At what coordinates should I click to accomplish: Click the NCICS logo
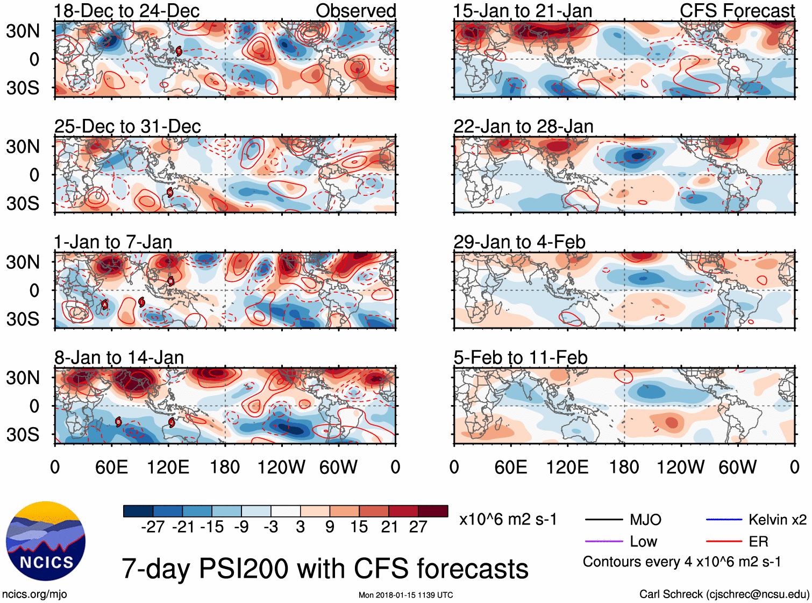coord(46,541)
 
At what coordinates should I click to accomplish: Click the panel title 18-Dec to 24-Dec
coord(127,11)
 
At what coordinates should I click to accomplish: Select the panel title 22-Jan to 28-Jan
coord(523,126)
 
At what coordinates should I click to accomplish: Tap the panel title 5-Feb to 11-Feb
coord(520,358)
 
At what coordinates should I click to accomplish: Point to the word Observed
coord(355,11)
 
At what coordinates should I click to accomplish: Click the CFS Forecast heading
coord(737,11)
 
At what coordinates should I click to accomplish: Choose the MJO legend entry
coord(645,520)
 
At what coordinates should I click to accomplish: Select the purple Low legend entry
coord(643,542)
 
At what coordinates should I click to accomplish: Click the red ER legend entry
coord(758,542)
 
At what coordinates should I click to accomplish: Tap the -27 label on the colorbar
coord(153,527)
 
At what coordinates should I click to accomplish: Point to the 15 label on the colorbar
coord(359,527)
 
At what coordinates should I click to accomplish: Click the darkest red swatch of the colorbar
coord(433,511)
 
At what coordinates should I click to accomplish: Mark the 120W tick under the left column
coord(281,467)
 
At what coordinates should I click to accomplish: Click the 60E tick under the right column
coord(511,467)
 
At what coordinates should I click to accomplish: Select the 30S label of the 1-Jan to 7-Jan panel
coord(23,319)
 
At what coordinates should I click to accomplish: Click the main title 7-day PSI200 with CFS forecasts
coord(325,569)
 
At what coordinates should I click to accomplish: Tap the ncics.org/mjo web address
coord(34,594)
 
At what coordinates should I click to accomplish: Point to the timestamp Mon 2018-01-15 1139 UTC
coord(405,595)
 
